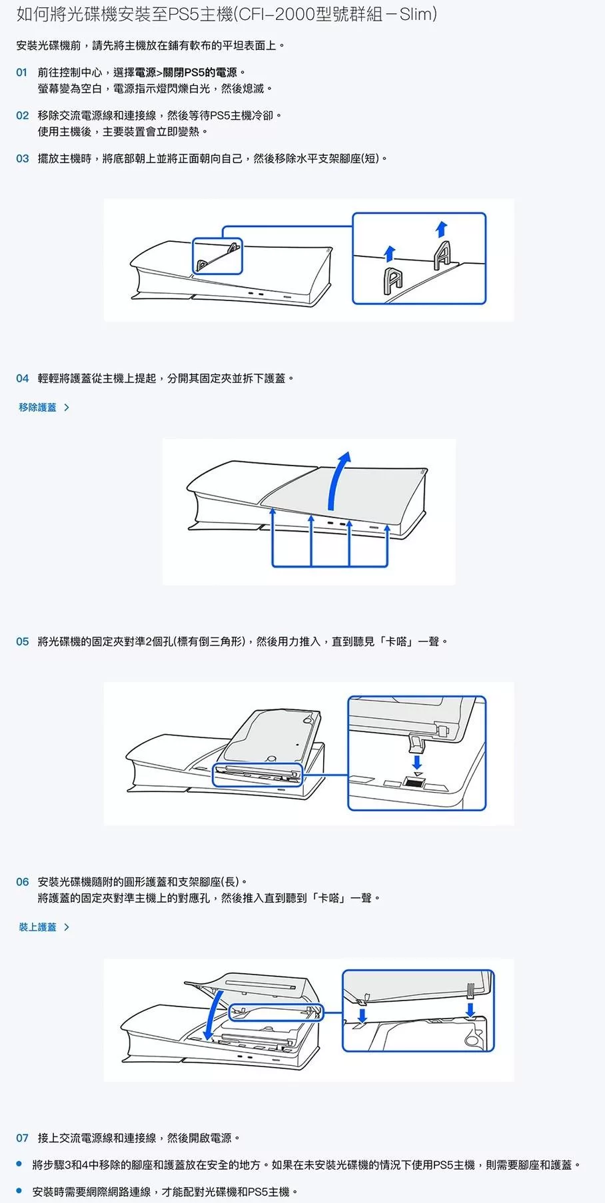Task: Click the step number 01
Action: [x=22, y=73]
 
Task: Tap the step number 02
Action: [x=23, y=116]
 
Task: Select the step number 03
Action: [x=23, y=159]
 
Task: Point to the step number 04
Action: [x=23, y=378]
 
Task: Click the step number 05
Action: [x=23, y=641]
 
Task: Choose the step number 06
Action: [x=23, y=882]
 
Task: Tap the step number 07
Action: [x=23, y=1138]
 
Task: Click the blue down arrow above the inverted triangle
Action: [x=417, y=760]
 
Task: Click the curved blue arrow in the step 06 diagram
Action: [x=215, y=1012]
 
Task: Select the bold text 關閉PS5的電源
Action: [x=200, y=73]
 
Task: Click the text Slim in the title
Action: [x=416, y=14]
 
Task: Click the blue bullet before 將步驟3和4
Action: [x=19, y=1164]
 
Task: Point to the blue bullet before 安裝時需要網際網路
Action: [x=19, y=1190]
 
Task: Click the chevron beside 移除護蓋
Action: [x=66, y=407]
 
